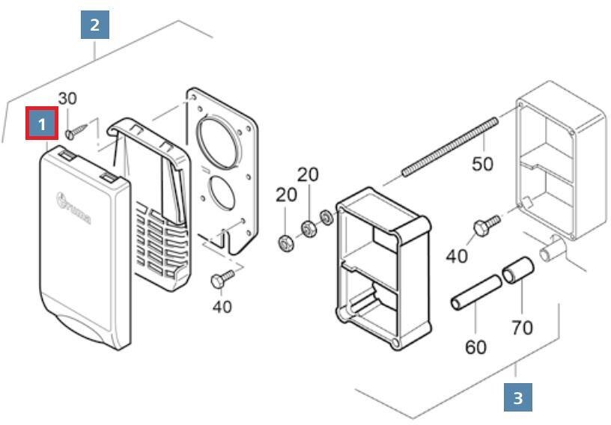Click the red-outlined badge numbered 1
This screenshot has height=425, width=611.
42,123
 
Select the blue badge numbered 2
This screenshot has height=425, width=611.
94,25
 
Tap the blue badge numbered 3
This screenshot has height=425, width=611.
517,397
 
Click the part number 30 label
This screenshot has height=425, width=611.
67,98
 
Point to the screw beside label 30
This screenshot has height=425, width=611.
73,132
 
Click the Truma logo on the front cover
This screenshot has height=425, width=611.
73,207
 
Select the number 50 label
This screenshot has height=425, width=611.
482,162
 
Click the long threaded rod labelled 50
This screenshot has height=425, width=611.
449,147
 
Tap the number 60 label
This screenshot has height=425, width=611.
475,346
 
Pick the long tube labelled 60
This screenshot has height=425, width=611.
475,294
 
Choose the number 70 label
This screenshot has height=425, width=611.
522,327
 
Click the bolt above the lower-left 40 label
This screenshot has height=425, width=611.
222,278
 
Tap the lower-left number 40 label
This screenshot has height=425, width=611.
222,306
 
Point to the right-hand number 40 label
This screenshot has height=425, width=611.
457,255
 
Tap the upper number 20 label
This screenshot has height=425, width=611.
308,174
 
